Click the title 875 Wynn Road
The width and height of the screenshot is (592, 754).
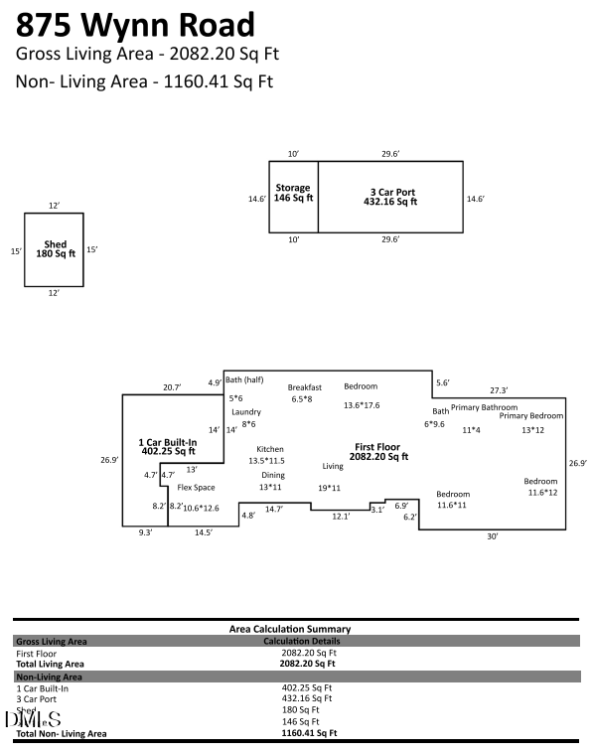tap(135, 25)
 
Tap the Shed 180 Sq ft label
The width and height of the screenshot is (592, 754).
tap(55, 248)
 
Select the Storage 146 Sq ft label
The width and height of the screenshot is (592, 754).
tap(293, 193)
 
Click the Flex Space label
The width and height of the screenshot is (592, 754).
tap(196, 488)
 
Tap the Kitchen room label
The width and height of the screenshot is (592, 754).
tap(269, 449)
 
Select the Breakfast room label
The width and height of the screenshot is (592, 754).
tap(305, 386)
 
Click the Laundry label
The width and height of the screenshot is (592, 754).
tap(245, 411)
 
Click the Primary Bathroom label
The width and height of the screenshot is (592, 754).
tap(484, 407)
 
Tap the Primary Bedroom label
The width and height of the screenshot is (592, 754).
tap(531, 416)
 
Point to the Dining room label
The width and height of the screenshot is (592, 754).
tap(271, 475)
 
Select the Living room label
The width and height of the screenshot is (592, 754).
tap(332, 466)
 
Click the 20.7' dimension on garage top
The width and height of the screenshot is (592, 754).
tap(172, 386)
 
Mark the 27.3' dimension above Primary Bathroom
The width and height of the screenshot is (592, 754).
tap(499, 390)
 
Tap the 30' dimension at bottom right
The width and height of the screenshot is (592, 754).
tap(492, 536)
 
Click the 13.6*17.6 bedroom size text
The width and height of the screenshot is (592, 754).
tap(362, 405)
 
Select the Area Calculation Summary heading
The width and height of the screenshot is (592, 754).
tap(289, 629)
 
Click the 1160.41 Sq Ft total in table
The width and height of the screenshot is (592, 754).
tap(309, 733)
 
